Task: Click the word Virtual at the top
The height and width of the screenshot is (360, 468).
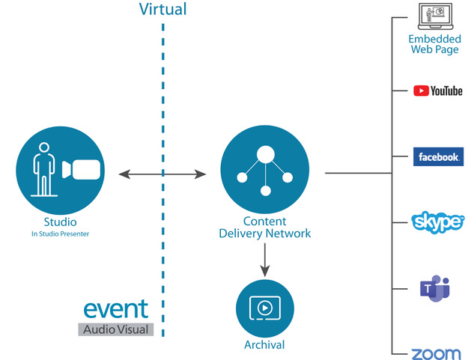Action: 162,10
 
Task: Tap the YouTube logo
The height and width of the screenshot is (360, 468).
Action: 438,91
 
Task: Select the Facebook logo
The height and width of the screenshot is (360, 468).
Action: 438,156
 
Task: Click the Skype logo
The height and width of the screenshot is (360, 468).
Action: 438,222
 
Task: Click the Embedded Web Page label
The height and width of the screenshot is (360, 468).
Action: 435,44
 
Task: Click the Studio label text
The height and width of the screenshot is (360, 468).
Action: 60,222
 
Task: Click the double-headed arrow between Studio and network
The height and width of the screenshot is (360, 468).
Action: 162,174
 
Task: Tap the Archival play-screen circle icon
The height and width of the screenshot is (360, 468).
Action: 264,308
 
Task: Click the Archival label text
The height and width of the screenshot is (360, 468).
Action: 264,345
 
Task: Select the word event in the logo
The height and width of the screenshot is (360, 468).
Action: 116,309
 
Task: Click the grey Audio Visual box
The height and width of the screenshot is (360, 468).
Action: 116,329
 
